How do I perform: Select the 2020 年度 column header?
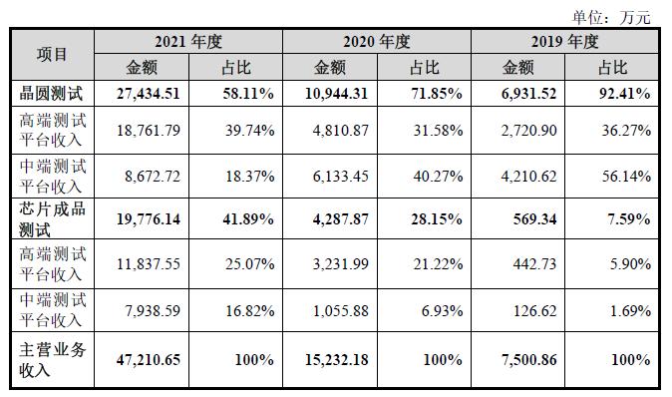coord(376,43)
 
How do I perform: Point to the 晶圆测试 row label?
coord(52,94)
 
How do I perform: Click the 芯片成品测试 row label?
coord(52,218)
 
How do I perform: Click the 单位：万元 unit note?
coord(610,17)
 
